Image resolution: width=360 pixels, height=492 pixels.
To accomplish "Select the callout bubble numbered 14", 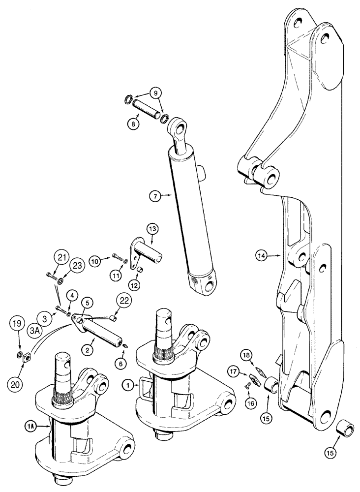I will tap(262, 255).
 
